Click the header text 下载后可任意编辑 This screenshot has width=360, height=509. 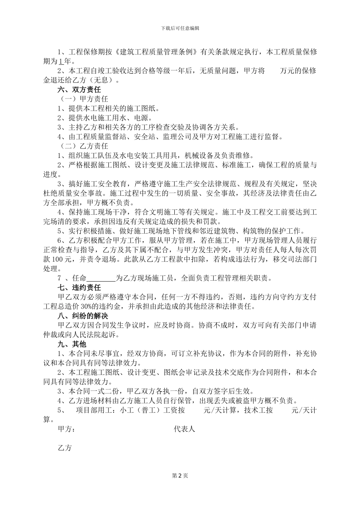point(180,28)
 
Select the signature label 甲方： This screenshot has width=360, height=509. point(67,429)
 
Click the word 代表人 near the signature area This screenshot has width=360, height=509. point(184,429)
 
